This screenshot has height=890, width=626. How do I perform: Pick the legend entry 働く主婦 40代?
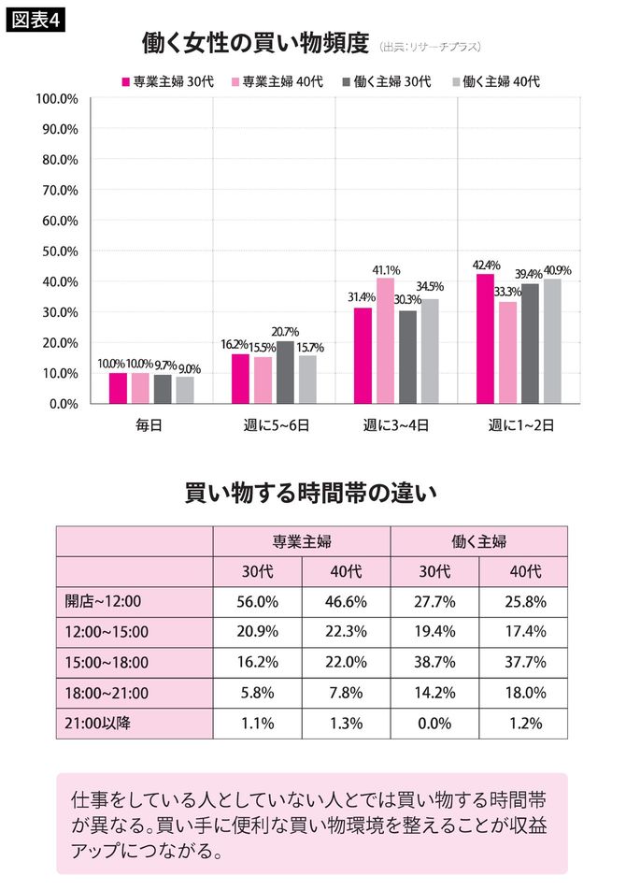click(x=495, y=81)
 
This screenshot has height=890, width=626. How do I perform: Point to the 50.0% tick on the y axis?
click(x=57, y=251)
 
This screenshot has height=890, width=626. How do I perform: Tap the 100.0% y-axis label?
click(x=55, y=98)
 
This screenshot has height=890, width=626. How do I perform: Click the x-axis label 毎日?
click(x=150, y=425)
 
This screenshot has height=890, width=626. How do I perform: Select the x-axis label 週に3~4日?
click(x=396, y=425)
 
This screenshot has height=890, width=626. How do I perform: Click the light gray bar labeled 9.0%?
click(x=185, y=390)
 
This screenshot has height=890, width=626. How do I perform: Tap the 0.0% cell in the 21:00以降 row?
click(x=434, y=722)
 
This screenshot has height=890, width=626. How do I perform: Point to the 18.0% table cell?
click(x=524, y=692)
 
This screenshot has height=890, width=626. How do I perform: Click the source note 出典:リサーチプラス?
click(x=431, y=46)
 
